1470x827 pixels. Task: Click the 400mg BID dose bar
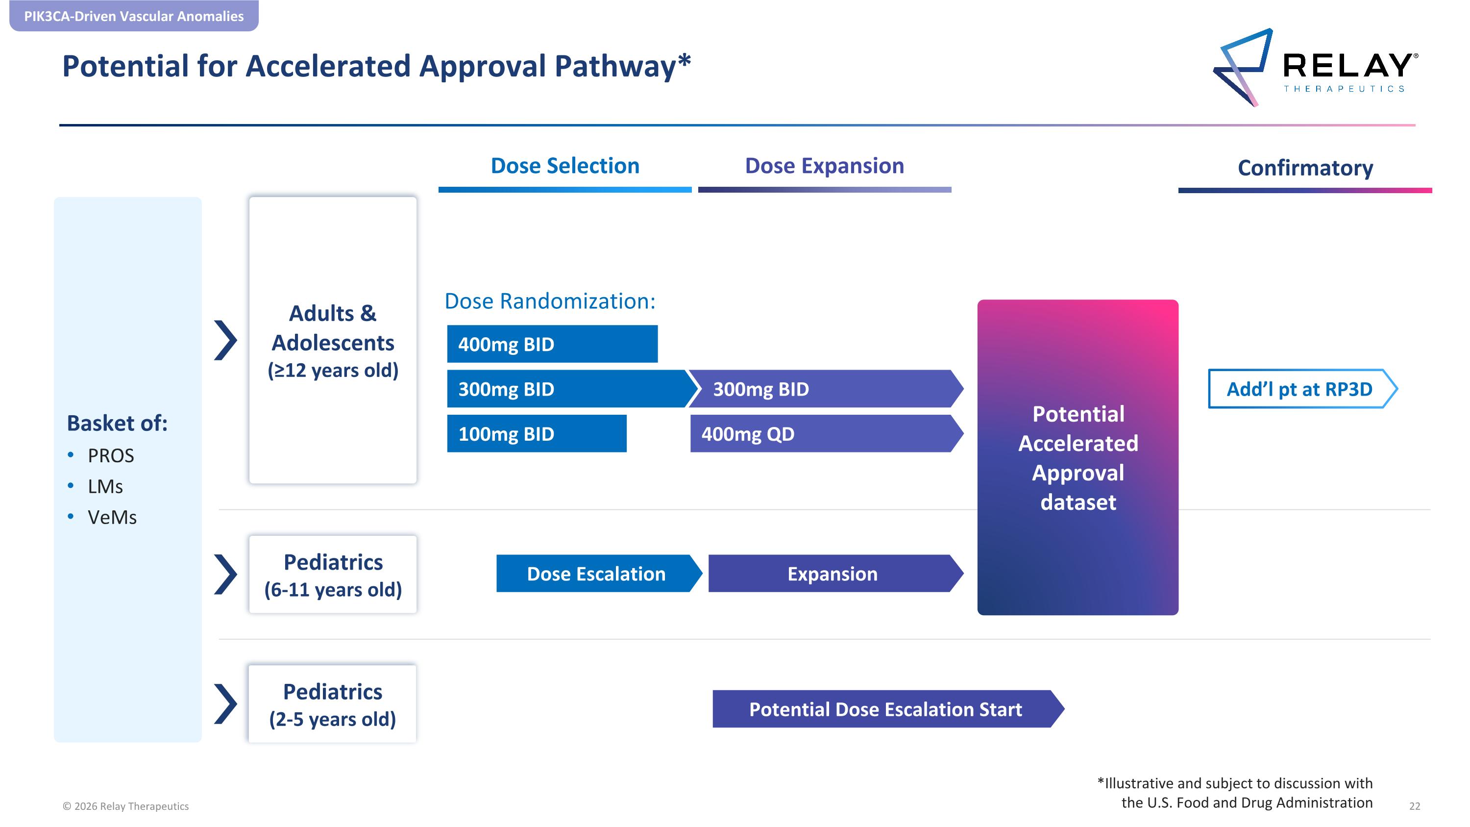(552, 344)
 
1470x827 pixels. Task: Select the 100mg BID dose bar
(537, 434)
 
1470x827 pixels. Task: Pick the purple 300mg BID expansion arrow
(826, 389)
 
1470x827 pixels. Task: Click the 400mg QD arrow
(826, 434)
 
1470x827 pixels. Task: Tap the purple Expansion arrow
(836, 574)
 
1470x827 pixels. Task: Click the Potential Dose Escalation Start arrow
(888, 709)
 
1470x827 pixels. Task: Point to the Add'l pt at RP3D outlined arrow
(1303, 389)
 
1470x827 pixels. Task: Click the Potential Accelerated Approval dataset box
(1078, 457)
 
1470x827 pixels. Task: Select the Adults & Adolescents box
(333, 341)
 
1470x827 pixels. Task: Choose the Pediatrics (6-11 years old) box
(333, 575)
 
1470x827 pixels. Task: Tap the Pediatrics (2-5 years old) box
(333, 704)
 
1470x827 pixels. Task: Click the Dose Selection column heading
(565, 166)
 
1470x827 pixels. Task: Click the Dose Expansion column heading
(825, 166)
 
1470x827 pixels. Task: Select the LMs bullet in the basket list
(105, 486)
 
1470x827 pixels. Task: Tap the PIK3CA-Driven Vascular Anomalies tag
(134, 16)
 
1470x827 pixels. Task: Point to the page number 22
(1415, 806)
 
